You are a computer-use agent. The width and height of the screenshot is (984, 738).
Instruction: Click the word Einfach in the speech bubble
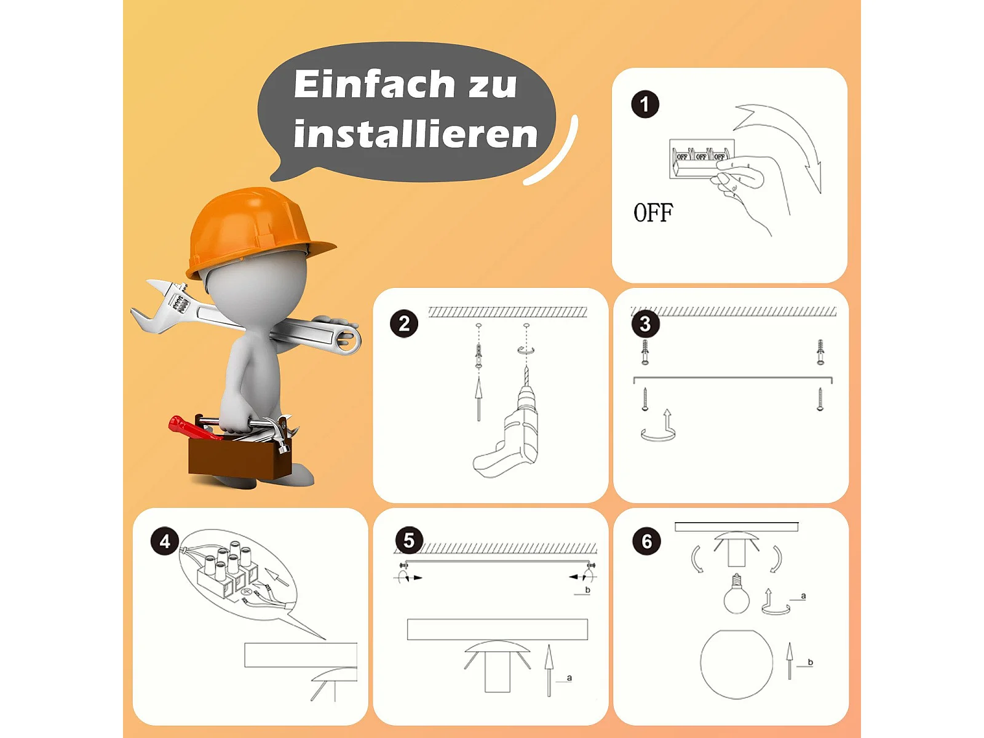tap(374, 84)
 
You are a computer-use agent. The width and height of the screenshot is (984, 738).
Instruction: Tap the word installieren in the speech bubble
tap(416, 133)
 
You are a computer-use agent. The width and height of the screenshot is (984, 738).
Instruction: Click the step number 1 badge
tap(645, 105)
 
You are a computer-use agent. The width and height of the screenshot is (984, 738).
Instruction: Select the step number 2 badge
tap(404, 323)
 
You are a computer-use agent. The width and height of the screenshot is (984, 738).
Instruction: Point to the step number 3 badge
tap(645, 323)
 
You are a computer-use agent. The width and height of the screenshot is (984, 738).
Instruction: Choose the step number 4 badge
tap(165, 541)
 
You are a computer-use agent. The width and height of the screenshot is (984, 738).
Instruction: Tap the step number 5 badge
tap(409, 540)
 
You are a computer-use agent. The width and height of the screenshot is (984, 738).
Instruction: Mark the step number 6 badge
tap(646, 541)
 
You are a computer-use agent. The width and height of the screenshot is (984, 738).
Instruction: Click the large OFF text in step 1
tap(653, 212)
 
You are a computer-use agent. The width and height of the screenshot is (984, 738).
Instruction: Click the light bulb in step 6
tap(736, 594)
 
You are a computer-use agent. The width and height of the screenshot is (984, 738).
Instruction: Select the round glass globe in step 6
tap(737, 664)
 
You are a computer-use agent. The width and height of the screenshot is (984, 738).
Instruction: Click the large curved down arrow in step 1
tap(780, 143)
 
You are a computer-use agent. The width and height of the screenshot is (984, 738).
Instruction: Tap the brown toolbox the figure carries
tap(240, 457)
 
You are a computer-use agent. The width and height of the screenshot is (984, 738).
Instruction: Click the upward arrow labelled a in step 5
tap(549, 670)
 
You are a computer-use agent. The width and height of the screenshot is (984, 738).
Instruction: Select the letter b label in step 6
tap(810, 662)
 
